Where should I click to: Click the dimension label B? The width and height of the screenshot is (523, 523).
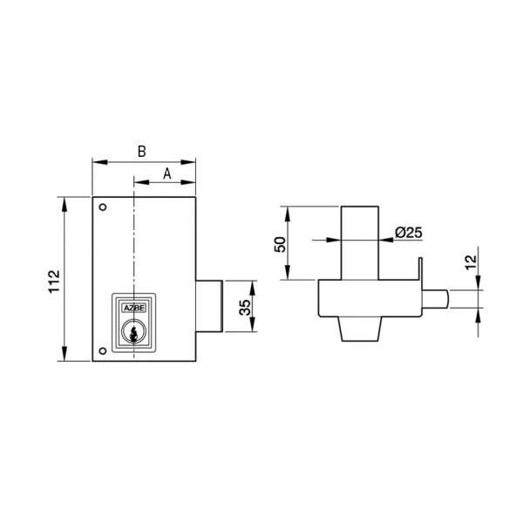(142, 152)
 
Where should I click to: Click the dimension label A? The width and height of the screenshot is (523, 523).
(166, 173)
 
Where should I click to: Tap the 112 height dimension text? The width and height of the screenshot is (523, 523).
(54, 282)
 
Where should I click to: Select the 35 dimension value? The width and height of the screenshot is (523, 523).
(245, 308)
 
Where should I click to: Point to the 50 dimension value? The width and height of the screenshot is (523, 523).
(280, 244)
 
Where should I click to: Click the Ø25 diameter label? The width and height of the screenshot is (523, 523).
(409, 233)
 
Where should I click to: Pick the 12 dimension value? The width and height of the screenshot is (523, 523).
(471, 262)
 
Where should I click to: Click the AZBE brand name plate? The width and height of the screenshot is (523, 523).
(134, 309)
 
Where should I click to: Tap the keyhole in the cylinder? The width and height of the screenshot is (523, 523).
(133, 334)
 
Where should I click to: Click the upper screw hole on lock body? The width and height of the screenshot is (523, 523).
(103, 207)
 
